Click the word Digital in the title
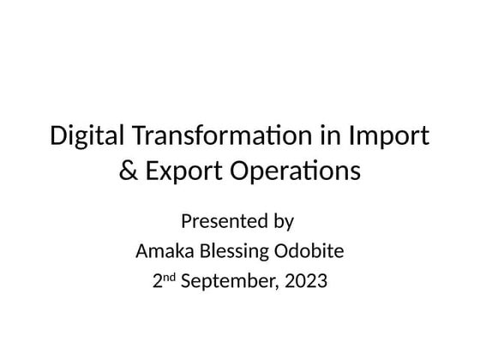click(x=85, y=137)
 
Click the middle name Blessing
click(x=231, y=252)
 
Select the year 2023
click(x=304, y=280)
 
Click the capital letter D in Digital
click(x=59, y=137)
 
